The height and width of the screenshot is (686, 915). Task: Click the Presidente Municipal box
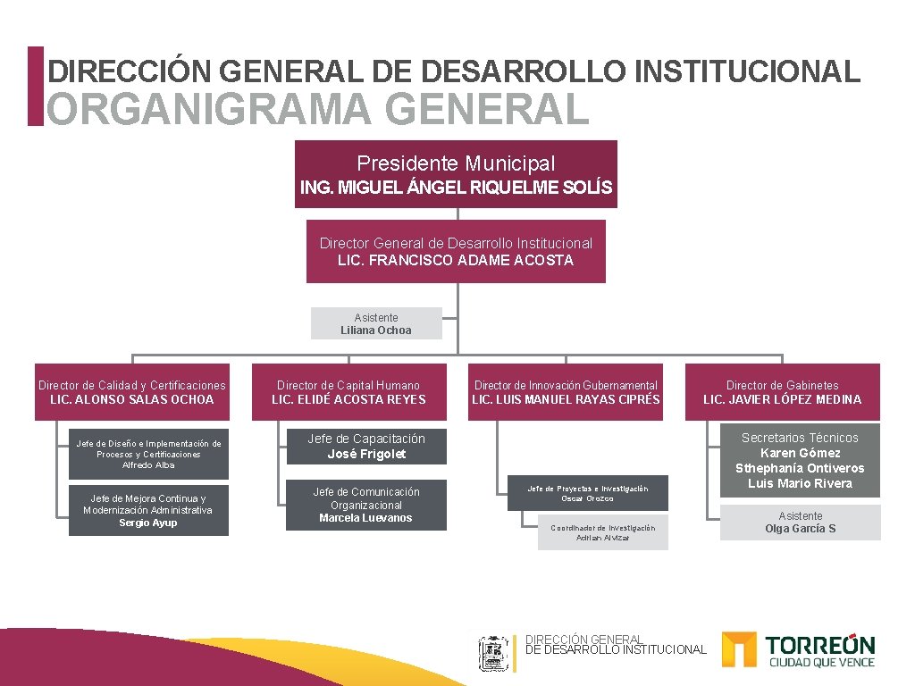[456, 174]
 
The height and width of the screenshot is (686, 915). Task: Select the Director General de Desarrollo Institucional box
[456, 251]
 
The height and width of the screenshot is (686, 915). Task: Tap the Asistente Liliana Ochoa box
[376, 323]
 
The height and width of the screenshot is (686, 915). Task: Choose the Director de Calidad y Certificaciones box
[132, 392]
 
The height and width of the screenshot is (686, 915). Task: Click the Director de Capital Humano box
[348, 392]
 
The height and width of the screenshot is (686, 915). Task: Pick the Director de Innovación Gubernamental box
[566, 392]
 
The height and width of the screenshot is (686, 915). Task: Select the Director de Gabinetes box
[782, 392]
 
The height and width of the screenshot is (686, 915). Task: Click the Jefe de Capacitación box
[366, 446]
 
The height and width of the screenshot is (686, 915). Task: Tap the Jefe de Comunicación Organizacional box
[366, 505]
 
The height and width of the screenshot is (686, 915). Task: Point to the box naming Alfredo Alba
[148, 454]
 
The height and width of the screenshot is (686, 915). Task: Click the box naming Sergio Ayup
[148, 510]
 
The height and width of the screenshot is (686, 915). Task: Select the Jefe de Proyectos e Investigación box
[587, 493]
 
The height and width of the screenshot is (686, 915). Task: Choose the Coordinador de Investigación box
[602, 532]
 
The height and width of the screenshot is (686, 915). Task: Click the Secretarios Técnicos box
[800, 460]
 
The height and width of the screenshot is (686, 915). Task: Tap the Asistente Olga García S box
[800, 523]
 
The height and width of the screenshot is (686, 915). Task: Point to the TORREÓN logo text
[820, 645]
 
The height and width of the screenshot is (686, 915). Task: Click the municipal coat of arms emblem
[493, 653]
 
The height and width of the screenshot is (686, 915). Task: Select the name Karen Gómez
[800, 453]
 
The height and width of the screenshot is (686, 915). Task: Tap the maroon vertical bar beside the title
[35, 86]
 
